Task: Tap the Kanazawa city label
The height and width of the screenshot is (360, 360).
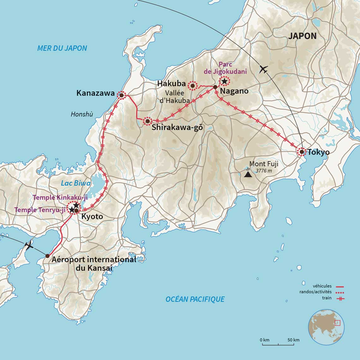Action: [95, 93]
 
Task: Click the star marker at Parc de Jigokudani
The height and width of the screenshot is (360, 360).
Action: [224, 81]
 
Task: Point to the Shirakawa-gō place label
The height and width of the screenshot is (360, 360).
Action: [177, 128]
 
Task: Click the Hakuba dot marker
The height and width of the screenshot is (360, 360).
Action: [192, 86]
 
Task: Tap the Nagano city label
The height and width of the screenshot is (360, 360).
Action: [234, 91]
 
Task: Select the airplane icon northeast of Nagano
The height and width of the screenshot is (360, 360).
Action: [263, 69]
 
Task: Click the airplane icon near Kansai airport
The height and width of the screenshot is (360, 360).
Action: [29, 245]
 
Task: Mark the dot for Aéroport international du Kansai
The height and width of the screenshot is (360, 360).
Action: [47, 256]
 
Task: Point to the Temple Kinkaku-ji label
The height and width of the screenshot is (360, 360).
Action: [60, 197]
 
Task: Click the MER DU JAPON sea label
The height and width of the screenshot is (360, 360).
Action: [62, 48]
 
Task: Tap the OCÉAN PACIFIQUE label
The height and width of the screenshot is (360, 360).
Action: [195, 299]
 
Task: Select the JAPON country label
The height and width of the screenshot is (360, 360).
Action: [302, 36]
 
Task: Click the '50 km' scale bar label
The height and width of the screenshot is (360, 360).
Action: [294, 340]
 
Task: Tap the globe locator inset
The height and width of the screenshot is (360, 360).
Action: [326, 327]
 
